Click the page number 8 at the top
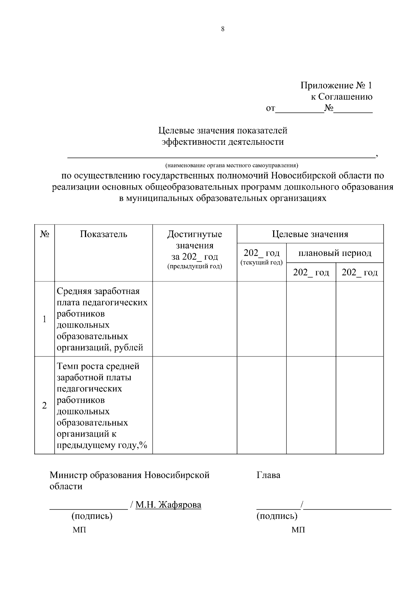[x=223, y=29]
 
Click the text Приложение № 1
[x=336, y=85]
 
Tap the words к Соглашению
[x=341, y=97]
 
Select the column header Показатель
[x=104, y=234]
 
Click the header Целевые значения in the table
[x=310, y=234]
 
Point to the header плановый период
[x=335, y=253]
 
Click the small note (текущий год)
[x=261, y=262]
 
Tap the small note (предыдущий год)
[x=194, y=267]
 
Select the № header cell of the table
[x=44, y=234]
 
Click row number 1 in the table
[x=44, y=319]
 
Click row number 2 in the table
[x=44, y=405]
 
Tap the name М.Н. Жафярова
[x=168, y=505]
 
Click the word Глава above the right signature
[x=268, y=475]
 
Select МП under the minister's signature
[x=79, y=530]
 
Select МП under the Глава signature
[x=298, y=530]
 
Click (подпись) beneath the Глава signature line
[x=277, y=516]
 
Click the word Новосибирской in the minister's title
[x=177, y=475]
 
